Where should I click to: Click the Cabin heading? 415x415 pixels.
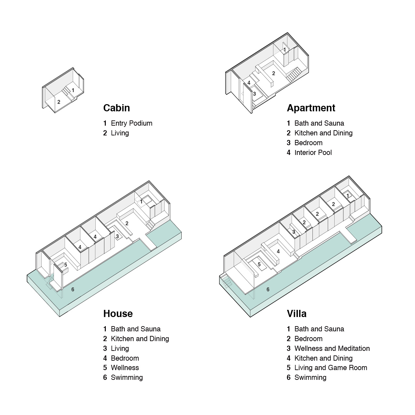pos(116,108)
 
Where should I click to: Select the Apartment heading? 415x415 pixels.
pos(311,108)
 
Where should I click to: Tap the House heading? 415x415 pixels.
pos(118,314)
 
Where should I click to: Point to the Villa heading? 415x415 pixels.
pos(297,314)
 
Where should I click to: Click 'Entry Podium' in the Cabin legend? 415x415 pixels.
pos(131,123)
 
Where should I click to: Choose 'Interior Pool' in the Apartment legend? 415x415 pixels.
pos(313,153)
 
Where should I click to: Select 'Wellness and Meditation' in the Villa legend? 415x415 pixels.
pos(332,349)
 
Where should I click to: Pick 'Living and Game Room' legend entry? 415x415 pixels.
pos(330,368)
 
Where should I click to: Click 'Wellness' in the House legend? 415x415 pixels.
pos(125,368)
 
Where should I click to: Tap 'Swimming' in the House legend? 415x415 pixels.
pos(127,378)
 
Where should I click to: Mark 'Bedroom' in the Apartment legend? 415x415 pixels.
pos(308,143)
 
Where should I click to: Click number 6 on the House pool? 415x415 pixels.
pos(73,289)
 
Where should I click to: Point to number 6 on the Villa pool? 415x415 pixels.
pos(268,289)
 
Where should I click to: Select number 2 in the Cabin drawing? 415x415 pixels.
pos(59,102)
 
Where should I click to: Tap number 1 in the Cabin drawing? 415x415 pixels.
pos(73,90)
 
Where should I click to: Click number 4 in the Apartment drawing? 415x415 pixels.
pos(249,83)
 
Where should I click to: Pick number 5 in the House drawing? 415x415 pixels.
pos(65,265)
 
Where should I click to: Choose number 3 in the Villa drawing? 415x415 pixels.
pos(294,232)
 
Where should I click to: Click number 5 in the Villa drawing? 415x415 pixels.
pos(259,265)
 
